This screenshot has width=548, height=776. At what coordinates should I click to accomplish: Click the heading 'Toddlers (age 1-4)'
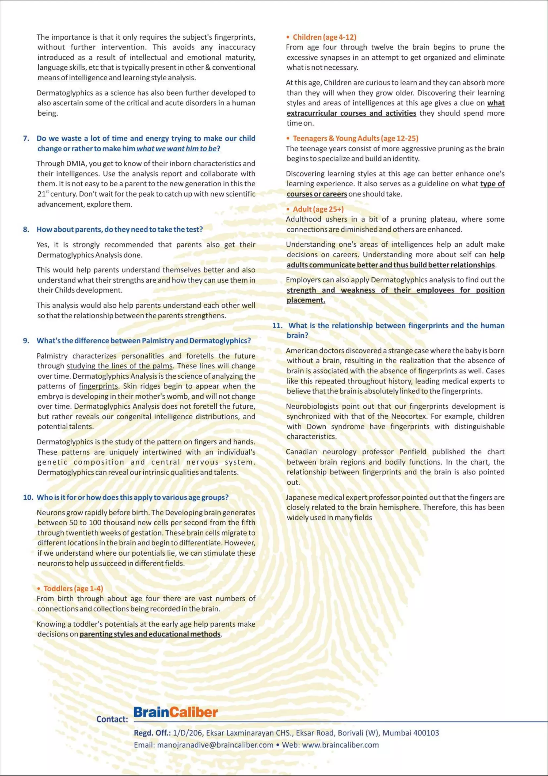coord(73,588)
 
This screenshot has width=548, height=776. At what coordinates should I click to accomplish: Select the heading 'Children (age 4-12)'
coord(324,37)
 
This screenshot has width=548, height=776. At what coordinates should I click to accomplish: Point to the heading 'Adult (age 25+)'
coord(318,209)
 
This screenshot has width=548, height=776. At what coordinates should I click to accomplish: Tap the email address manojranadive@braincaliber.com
coord(215,745)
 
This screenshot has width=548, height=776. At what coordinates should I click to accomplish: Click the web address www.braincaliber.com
coord(340,745)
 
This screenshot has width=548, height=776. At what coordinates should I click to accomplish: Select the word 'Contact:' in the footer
coord(112,719)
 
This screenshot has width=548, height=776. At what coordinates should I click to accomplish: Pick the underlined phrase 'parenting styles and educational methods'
coord(150,634)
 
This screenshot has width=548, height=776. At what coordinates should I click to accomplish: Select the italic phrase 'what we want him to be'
coord(176,148)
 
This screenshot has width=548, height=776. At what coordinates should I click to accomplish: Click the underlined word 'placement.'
coord(306,300)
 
